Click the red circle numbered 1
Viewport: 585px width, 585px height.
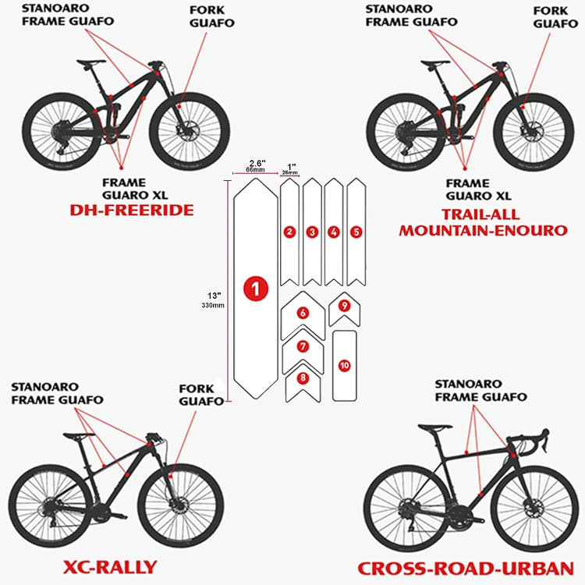[256, 288]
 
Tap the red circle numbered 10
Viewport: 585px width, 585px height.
[344, 365]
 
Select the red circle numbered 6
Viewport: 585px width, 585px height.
[303, 313]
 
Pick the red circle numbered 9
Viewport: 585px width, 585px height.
[344, 307]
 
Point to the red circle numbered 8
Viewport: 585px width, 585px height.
[303, 378]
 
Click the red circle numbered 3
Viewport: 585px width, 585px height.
[312, 232]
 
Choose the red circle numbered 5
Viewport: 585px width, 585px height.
[356, 232]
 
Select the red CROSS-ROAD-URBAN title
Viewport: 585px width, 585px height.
[466, 569]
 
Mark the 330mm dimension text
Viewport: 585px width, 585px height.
[214, 305]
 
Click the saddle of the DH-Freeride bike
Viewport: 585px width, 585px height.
[94, 60]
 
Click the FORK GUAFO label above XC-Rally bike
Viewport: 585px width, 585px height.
[201, 395]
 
